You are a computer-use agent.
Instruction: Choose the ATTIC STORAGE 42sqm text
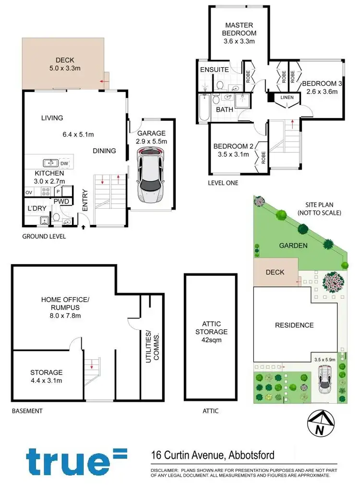coord(211,331)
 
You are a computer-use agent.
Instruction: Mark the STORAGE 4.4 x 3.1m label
coord(47,376)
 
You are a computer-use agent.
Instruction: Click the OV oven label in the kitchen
coord(29,192)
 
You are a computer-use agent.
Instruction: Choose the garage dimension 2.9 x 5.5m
coord(152,141)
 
